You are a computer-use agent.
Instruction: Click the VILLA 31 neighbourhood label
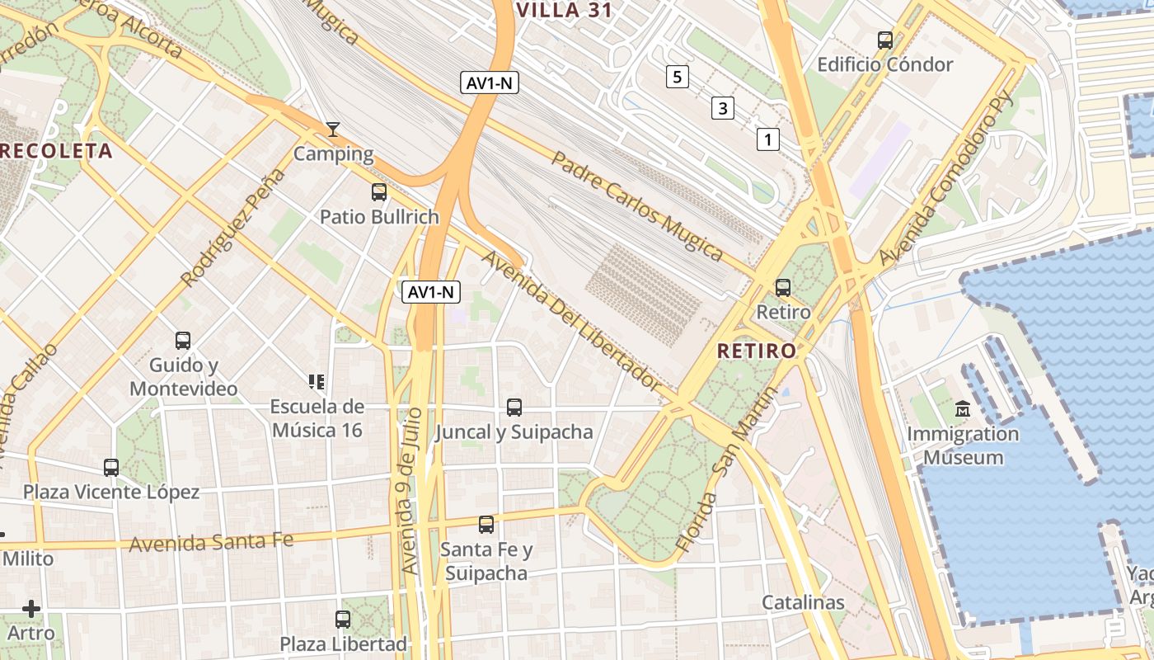(566, 9)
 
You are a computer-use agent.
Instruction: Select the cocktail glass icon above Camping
(332, 129)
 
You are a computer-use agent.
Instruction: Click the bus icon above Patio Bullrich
(378, 192)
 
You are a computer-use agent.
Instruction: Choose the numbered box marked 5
(677, 78)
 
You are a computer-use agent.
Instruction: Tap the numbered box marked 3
(723, 108)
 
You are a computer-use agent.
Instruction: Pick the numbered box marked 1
(767, 139)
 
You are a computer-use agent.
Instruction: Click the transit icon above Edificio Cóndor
(884, 40)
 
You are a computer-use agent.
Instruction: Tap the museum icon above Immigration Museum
(962, 409)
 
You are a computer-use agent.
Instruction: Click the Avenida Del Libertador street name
(570, 320)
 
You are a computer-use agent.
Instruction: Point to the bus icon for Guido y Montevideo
(182, 340)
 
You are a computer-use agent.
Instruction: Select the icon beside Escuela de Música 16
(317, 381)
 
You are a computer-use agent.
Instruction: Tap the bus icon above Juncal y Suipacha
(514, 407)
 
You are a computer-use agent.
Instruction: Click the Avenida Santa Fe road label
(211, 542)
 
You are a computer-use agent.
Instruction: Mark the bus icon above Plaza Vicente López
(111, 468)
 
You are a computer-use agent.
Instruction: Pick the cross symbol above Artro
(31, 609)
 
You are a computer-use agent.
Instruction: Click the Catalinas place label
(803, 602)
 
